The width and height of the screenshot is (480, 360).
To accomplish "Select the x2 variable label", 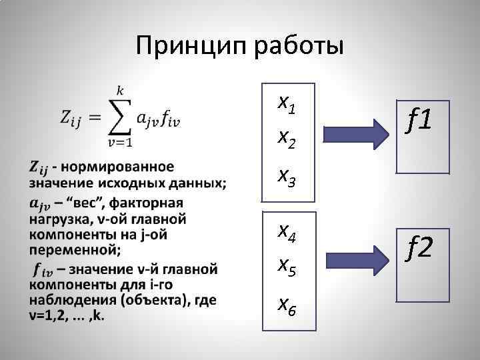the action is tap(287, 138).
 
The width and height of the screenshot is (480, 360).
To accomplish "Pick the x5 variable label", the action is tap(287, 267).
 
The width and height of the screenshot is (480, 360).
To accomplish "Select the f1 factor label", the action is tap(420, 121).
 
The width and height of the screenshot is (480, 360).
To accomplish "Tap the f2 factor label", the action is tap(420, 249).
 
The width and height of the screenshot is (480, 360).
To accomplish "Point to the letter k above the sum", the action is tap(120, 89).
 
